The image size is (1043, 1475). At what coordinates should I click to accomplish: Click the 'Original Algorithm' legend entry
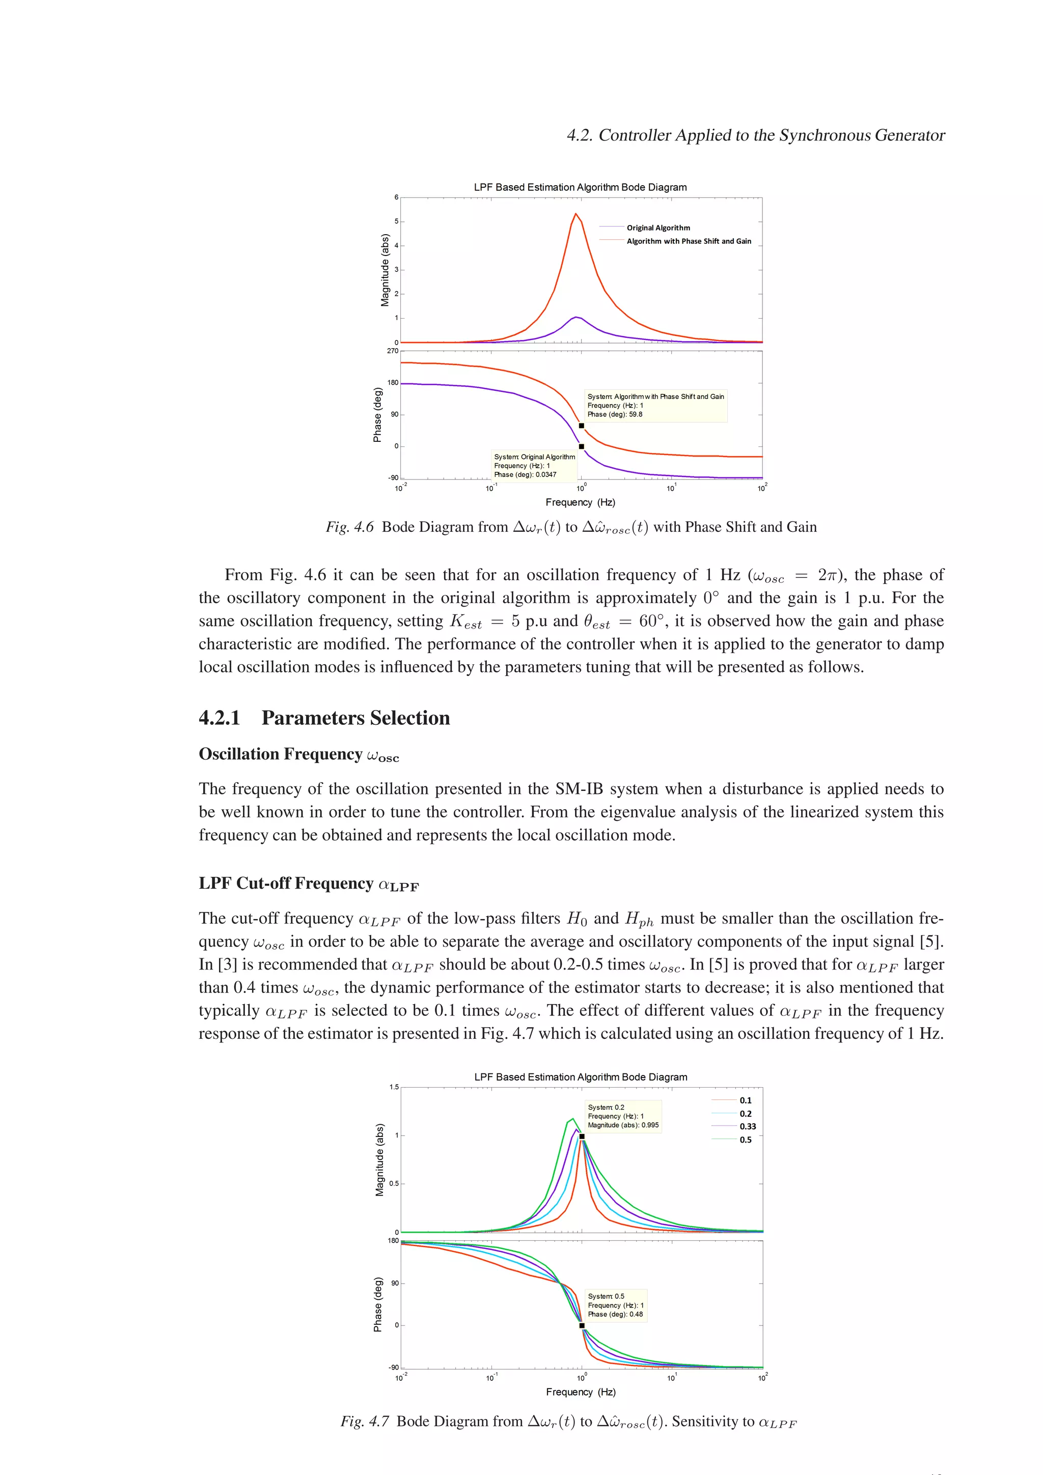658,228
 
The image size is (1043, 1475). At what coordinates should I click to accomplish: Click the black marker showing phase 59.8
582,426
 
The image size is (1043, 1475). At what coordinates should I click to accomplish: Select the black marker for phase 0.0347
582,446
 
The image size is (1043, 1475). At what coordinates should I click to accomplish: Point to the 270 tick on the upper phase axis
392,351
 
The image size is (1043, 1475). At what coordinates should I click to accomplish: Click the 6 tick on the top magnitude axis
397,197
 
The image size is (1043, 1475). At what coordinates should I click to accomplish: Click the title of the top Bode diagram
580,187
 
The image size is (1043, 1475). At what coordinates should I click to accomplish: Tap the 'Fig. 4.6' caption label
349,527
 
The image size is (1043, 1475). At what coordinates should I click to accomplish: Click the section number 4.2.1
219,718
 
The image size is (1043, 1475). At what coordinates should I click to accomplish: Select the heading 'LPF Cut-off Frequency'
286,884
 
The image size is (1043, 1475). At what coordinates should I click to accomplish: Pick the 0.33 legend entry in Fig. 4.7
748,1126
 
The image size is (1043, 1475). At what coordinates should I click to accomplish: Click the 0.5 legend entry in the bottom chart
746,1140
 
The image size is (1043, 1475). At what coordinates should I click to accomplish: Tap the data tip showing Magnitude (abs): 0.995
623,1116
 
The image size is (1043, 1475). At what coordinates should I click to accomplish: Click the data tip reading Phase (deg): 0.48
615,1305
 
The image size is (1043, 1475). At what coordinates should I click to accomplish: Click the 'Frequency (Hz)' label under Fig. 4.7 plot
580,1392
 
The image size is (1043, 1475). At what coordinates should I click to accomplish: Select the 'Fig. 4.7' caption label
364,1421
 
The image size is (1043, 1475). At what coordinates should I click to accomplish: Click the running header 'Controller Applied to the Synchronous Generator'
771,135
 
